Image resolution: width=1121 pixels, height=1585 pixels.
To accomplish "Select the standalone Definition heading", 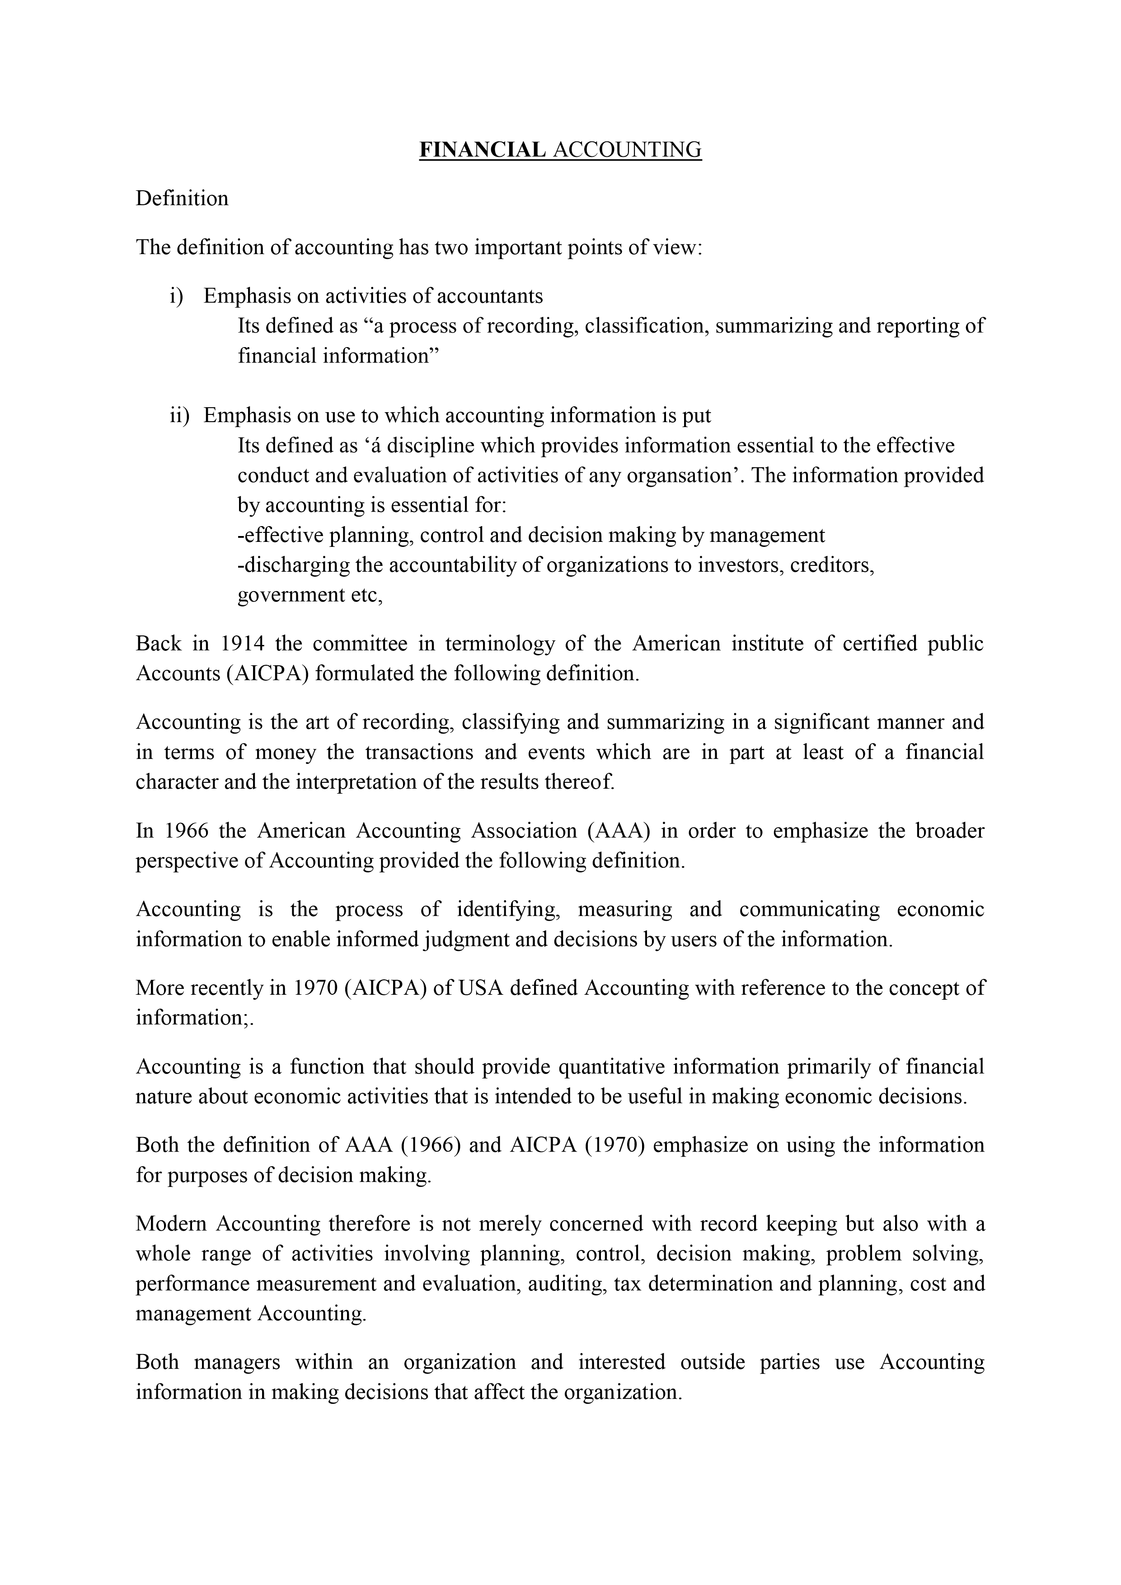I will tap(182, 199).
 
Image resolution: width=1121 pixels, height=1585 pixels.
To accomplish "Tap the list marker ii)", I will tap(179, 416).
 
